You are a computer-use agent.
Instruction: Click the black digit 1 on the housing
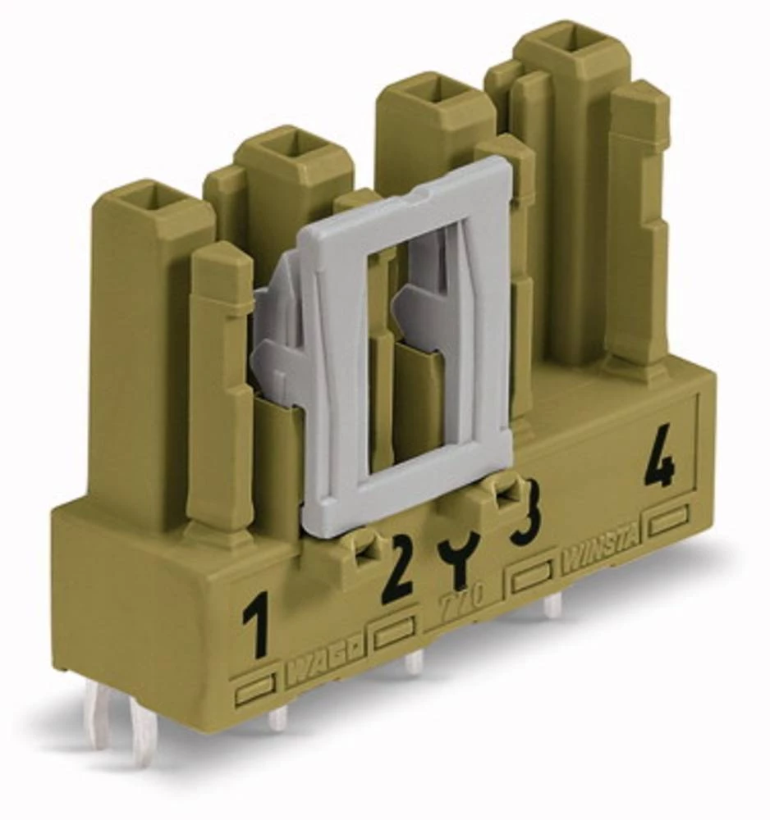point(257,626)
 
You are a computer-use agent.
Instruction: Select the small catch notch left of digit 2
point(360,548)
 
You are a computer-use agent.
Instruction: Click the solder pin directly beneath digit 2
point(414,661)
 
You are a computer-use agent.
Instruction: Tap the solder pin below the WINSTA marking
point(554,604)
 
